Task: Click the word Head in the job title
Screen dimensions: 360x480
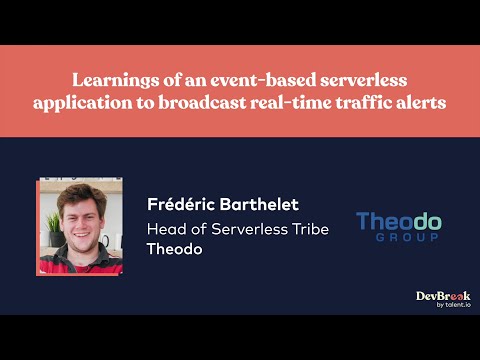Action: (x=165, y=229)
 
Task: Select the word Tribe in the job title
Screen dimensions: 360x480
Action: (x=307, y=229)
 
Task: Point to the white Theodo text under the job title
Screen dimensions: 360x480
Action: (x=174, y=249)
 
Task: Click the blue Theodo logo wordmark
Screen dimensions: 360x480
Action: (x=399, y=221)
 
